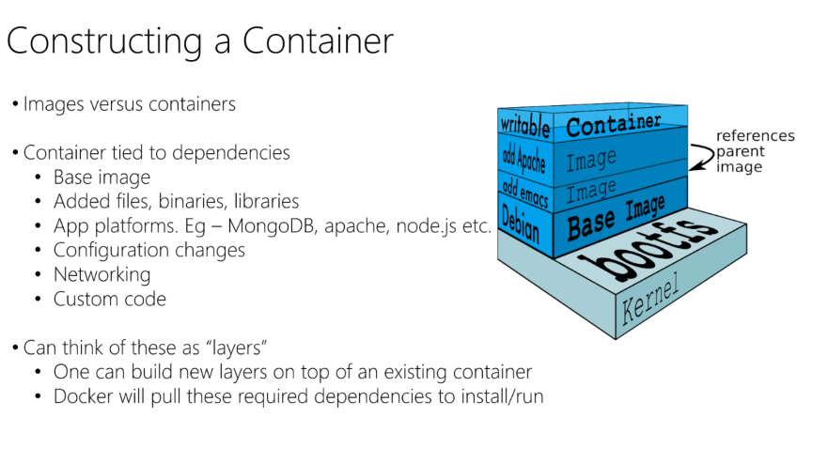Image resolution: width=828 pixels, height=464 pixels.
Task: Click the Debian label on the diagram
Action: tap(522, 223)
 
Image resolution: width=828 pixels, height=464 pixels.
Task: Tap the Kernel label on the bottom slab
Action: tap(650, 300)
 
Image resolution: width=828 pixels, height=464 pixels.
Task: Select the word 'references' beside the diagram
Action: tap(755, 136)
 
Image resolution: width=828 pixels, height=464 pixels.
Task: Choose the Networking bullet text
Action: tap(102, 274)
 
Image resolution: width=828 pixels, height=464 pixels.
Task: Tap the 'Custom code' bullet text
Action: tap(109, 299)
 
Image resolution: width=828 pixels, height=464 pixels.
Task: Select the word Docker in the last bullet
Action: tap(82, 396)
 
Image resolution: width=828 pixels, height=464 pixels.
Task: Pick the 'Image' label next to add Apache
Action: tap(591, 161)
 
